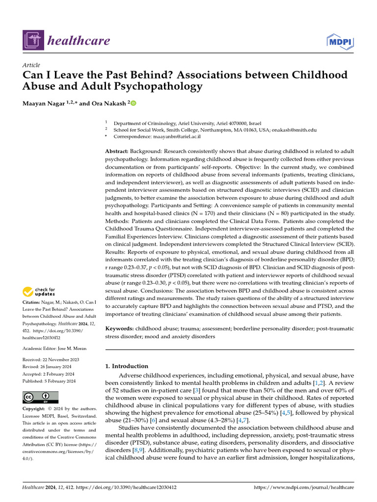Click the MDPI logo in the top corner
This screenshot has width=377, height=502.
(340, 41)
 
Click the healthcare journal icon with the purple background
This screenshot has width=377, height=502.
(32, 40)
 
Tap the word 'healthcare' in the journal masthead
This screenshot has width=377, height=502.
(79, 41)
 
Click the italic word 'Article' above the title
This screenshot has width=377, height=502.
(31, 65)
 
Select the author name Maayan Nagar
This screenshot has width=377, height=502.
(43, 103)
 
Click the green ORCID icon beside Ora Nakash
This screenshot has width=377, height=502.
(133, 103)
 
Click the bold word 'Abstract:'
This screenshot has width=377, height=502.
(118, 151)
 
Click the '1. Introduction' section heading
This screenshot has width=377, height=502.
(127, 366)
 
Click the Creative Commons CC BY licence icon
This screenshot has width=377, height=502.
(40, 397)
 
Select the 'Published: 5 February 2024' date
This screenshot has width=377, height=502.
(49, 381)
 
